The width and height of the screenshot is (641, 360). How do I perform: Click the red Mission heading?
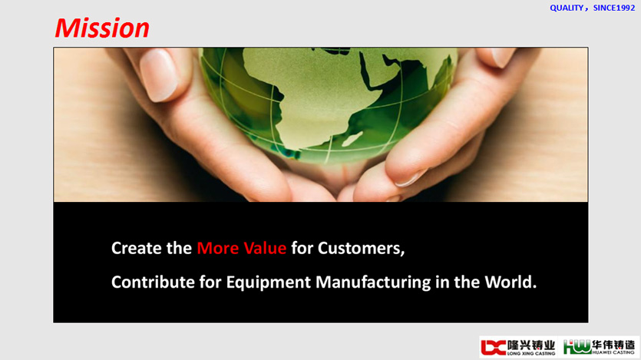[x=102, y=28]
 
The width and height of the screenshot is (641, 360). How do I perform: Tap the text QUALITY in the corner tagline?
[x=567, y=8]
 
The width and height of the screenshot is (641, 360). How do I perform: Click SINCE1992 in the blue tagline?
[x=614, y=8]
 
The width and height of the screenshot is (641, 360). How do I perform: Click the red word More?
[x=217, y=248]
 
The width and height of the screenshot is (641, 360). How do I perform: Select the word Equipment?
[x=269, y=282]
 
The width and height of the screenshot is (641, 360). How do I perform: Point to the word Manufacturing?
[x=373, y=282]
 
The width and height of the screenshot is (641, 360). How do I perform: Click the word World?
[x=510, y=282]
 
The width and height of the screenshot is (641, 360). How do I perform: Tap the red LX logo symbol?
[x=494, y=347]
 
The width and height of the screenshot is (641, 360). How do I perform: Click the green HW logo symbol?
[x=577, y=347]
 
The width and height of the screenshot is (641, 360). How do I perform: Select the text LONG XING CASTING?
[x=531, y=353]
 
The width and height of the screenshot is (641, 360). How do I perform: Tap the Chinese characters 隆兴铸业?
[x=531, y=345]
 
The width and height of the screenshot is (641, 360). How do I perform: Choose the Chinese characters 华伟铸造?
[x=613, y=345]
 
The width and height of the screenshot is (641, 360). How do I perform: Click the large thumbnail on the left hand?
[x=159, y=74]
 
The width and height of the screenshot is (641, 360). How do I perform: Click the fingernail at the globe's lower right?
[x=411, y=179]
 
